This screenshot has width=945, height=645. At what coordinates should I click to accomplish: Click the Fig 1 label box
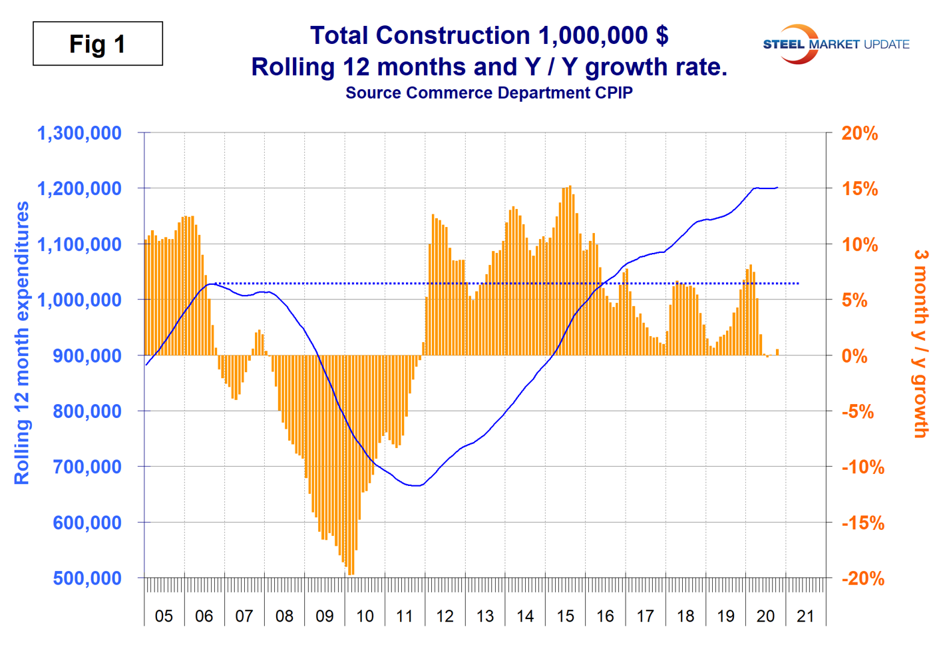pos(98,44)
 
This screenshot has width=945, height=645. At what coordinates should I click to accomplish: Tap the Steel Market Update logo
pos(836,45)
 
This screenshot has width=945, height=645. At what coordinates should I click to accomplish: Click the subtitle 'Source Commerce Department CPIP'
pos(488,93)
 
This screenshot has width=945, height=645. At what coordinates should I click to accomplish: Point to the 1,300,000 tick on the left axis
pos(79,133)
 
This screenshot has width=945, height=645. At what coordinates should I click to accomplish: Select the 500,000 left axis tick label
pos(87,578)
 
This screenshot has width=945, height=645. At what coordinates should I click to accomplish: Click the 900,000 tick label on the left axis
pos(87,355)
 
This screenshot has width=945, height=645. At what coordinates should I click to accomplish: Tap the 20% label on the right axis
pos(860,133)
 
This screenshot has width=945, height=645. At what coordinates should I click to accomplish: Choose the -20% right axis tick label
pos(862,578)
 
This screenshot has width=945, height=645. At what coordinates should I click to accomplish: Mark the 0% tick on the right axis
pos(854,355)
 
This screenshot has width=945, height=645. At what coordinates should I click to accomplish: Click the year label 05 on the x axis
pos(164,616)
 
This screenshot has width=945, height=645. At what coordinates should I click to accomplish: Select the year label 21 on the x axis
pos(805,616)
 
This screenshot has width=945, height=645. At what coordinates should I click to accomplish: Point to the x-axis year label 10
pos(365,616)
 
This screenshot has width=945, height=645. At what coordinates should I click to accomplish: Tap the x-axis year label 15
pos(565,616)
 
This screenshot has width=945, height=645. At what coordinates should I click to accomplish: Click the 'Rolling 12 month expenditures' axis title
pos(22,343)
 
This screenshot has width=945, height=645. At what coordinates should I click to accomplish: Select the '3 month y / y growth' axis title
pos(920,343)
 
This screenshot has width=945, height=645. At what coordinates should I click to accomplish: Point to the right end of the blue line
pos(777,188)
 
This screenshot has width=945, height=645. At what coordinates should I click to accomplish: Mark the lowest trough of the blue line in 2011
pos(416,486)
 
